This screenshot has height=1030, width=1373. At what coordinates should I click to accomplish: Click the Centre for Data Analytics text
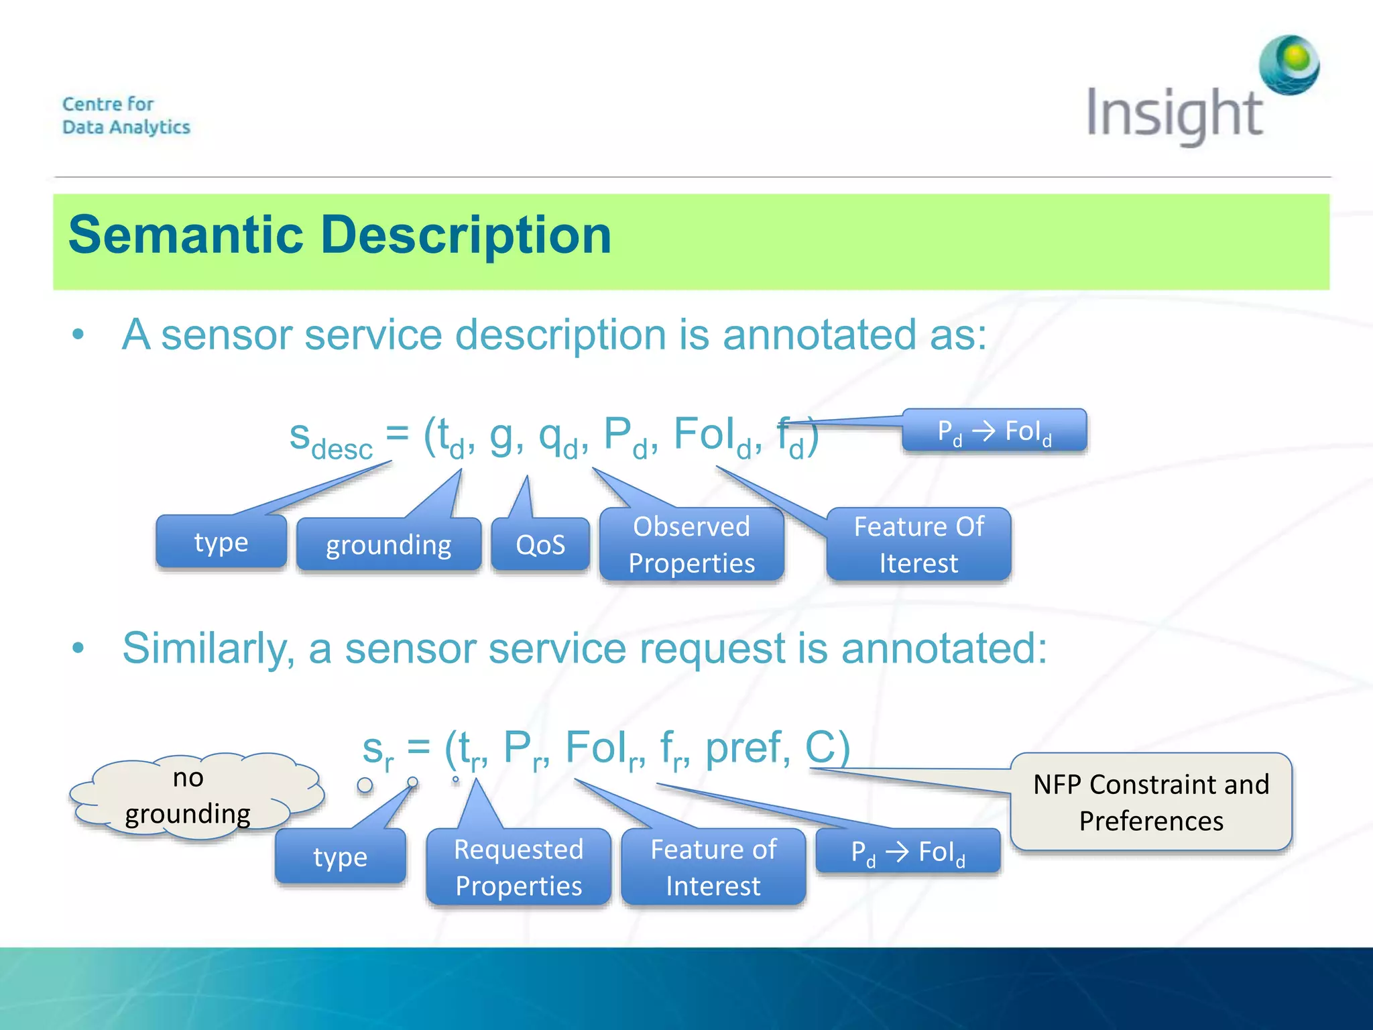point(126,115)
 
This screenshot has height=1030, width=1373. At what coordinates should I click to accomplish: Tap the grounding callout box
point(389,545)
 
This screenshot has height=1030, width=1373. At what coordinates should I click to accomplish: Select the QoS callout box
point(540,545)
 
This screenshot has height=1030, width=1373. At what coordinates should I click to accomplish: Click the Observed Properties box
point(692,545)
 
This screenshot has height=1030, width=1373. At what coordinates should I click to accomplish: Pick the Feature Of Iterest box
point(918,545)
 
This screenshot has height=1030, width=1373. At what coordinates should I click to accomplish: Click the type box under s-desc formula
point(221,541)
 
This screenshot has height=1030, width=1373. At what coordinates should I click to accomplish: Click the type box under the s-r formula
point(341,856)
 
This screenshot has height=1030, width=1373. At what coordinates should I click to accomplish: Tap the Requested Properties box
point(519,867)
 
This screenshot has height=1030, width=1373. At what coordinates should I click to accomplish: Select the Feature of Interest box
point(713,867)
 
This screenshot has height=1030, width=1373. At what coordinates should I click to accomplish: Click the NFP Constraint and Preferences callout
point(1151,802)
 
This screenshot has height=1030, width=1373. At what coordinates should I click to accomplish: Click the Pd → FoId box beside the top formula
point(994,431)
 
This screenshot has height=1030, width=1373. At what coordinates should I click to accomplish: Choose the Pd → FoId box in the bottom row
point(908,852)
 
